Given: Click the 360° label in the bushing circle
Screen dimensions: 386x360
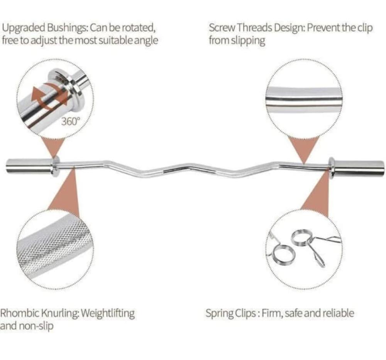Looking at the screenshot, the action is click(x=71, y=121).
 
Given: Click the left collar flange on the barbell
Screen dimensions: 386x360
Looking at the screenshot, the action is click(x=55, y=166).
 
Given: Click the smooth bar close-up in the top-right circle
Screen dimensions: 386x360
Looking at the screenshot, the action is click(x=304, y=100).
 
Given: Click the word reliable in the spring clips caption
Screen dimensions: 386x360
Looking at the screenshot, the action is click(x=339, y=313).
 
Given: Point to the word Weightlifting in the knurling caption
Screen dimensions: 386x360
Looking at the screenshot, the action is click(x=108, y=313).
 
